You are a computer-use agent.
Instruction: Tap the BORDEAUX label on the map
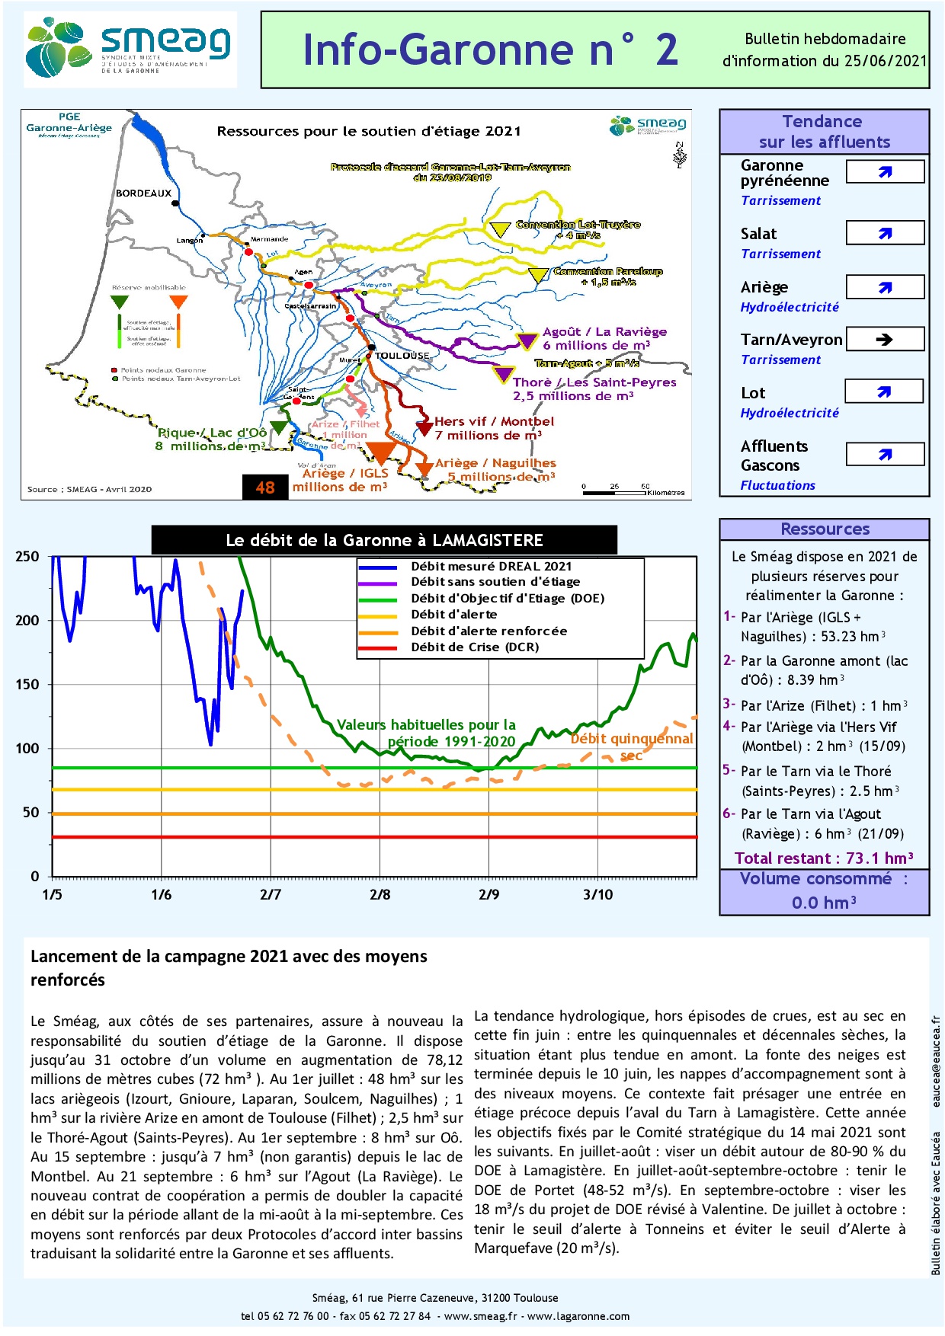(143, 193)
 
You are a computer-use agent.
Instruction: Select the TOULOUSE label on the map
(402, 356)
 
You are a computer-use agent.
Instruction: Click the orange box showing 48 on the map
(265, 487)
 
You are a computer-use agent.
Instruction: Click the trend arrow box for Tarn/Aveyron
(885, 340)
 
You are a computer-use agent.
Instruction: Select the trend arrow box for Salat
(885, 233)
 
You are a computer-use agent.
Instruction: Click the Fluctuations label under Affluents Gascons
(777, 485)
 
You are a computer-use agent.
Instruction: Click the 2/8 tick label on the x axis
(380, 894)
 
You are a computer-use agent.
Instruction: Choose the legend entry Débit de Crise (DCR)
(474, 647)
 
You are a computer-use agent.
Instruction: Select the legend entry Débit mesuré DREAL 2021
(491, 566)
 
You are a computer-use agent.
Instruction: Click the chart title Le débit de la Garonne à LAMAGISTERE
(384, 540)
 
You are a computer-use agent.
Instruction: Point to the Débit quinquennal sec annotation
(632, 746)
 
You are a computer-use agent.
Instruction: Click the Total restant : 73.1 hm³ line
(824, 858)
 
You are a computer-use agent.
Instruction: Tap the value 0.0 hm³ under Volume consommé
(824, 903)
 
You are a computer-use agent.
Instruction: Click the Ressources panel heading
(825, 529)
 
